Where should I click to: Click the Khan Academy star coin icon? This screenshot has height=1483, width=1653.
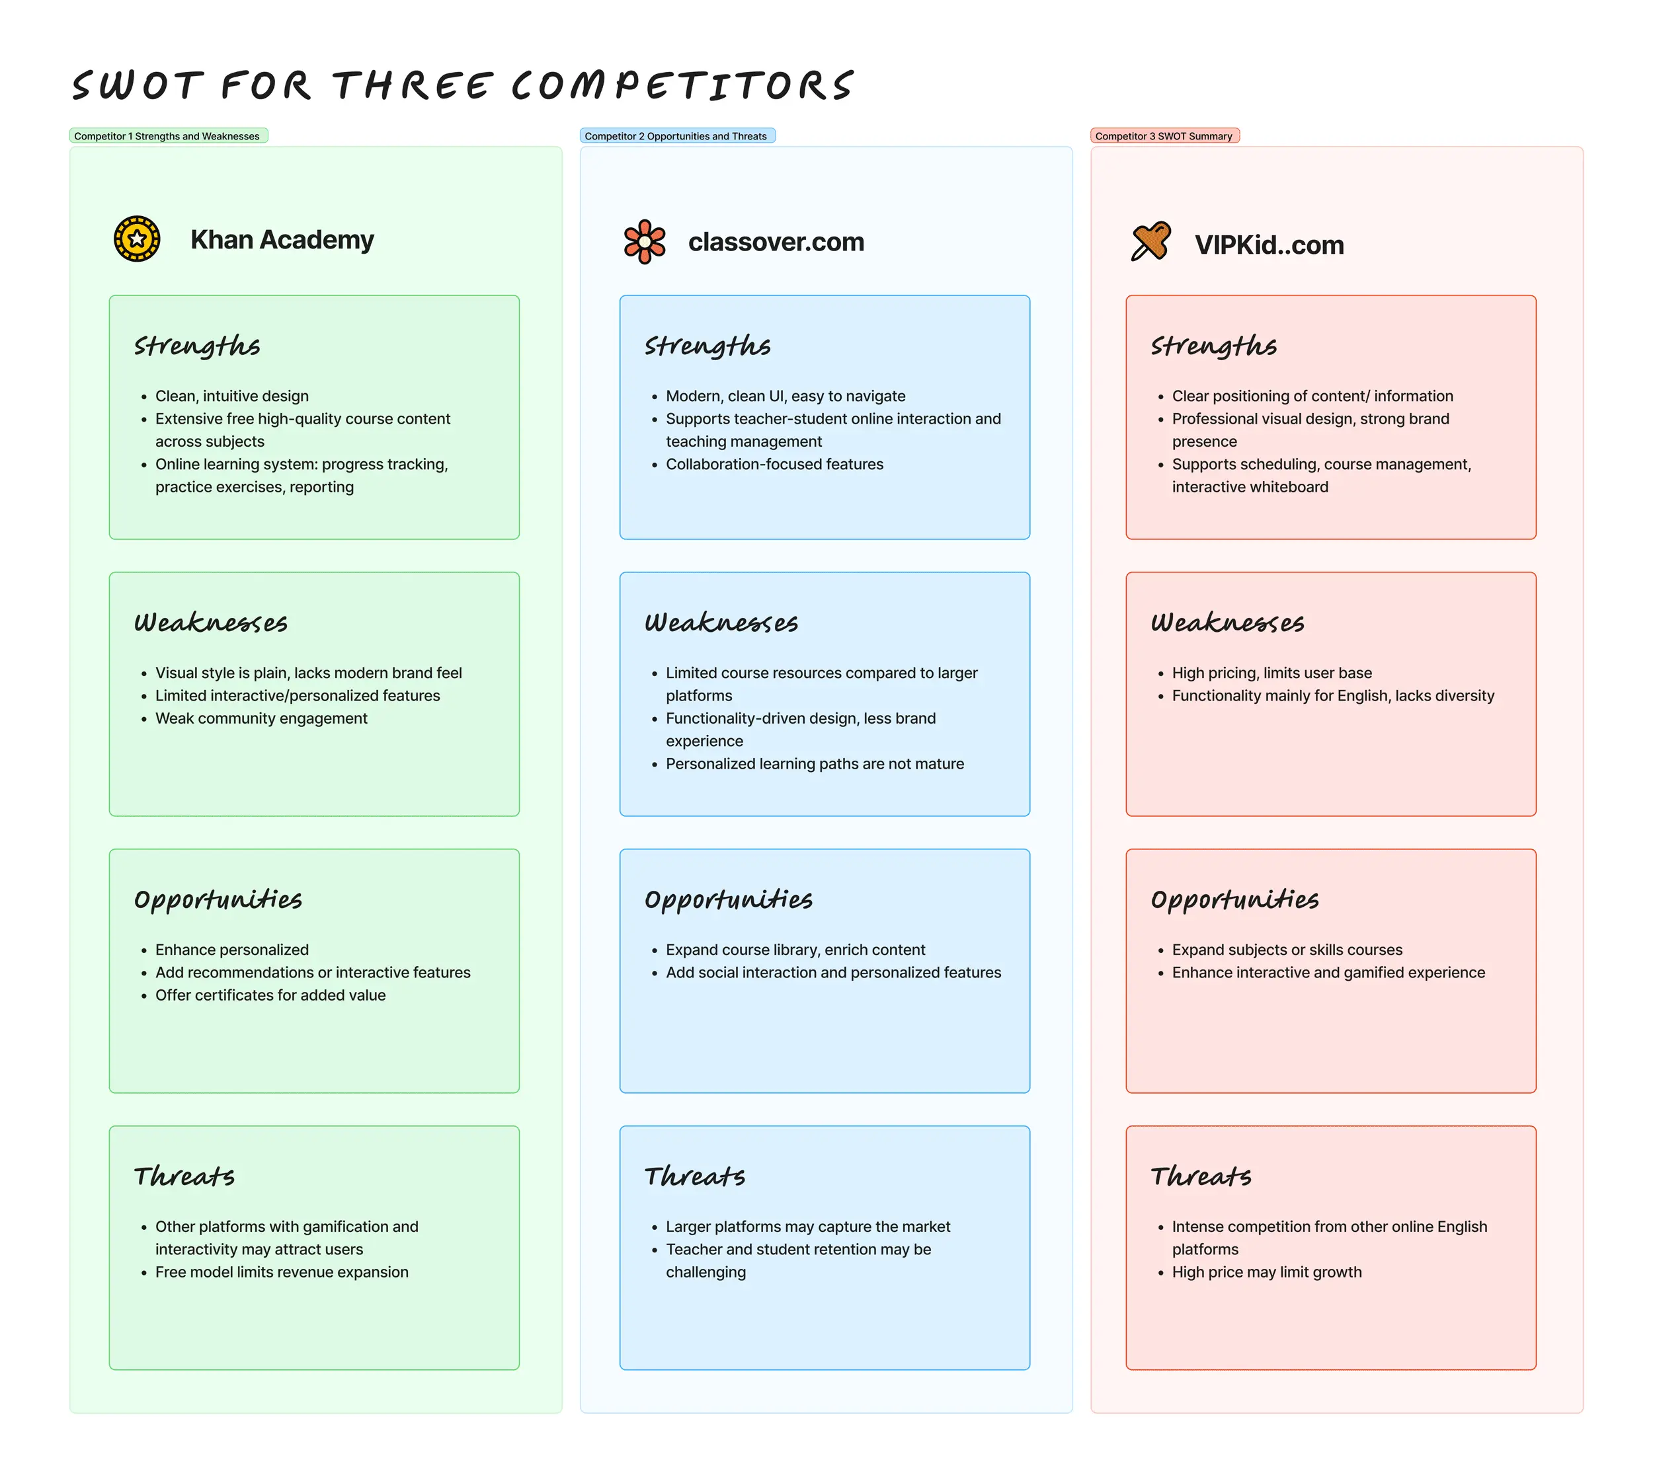[137, 239]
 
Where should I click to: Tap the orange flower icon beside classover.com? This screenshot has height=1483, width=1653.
[644, 241]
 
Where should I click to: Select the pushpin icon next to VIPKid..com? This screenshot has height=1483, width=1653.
[1150, 242]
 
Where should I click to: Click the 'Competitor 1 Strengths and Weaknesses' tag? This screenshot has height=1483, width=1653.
[167, 136]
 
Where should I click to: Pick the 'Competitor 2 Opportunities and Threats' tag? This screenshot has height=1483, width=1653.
[676, 136]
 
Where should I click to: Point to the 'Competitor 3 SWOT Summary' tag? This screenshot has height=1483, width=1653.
[1163, 136]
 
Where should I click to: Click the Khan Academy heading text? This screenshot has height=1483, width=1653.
[282, 239]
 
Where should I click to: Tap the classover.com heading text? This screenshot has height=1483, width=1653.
[776, 242]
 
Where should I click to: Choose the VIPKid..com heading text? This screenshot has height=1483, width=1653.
[1269, 245]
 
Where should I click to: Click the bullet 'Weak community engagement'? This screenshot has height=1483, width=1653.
[261, 718]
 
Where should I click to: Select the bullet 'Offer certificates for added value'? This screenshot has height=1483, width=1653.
[270, 995]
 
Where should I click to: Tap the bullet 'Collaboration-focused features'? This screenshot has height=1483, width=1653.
[774, 464]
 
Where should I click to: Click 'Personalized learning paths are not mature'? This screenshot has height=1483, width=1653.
[815, 763]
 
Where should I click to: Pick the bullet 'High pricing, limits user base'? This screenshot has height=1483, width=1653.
[1271, 672]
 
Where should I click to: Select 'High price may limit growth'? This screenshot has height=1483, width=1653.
[1267, 1272]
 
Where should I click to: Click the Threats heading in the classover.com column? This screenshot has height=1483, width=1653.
[694, 1176]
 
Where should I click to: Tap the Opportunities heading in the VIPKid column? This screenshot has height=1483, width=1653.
[1234, 899]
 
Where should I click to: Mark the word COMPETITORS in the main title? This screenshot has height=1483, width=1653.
[682, 85]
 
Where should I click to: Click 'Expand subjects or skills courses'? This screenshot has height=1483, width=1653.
[1287, 949]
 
